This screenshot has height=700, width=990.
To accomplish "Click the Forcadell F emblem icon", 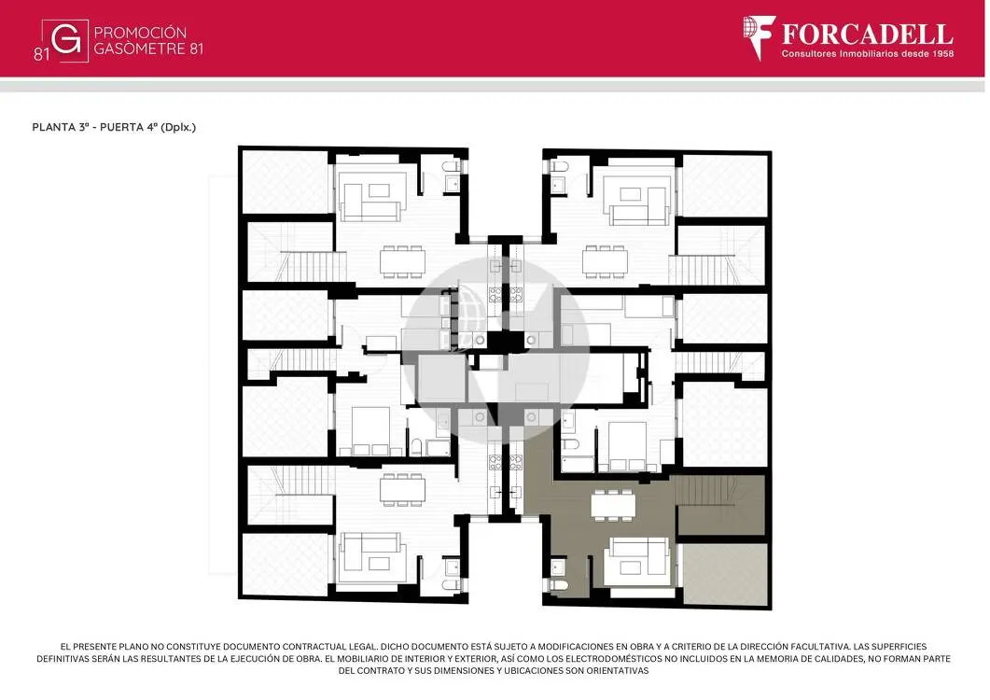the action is click(x=759, y=37).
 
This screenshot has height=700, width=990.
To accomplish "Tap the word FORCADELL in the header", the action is click(x=868, y=35).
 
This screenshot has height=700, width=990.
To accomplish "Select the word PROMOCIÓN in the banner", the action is click(x=140, y=33).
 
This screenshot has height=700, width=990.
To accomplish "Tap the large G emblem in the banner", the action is click(x=65, y=40).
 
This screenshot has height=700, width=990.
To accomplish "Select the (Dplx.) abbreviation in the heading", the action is click(x=178, y=127).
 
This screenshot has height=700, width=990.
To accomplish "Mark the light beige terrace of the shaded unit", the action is click(x=725, y=574).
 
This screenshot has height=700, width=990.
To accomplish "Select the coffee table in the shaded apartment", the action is click(x=630, y=567).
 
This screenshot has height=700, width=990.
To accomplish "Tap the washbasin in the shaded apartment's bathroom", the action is click(x=557, y=567).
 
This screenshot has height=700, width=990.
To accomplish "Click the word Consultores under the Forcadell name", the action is click(x=809, y=54).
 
